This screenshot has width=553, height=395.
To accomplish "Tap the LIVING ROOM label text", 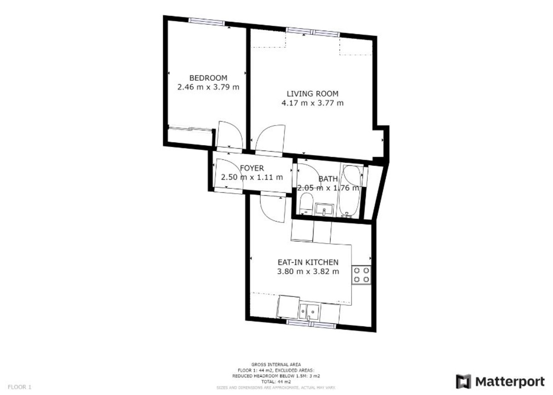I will pos(312,94).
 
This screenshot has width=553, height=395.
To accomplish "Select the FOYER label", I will pos(252,168).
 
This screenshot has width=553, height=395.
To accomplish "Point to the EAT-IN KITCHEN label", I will pos(308,262).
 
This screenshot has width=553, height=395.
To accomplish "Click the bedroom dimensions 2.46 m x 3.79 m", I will pos(208,87).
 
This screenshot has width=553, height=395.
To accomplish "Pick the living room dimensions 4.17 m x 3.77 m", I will pos(312,103).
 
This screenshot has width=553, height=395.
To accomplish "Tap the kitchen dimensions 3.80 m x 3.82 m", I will pos(308,272).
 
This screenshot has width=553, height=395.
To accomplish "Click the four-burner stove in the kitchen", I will pos(361,274).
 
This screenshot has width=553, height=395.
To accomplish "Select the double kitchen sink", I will pos(308,312).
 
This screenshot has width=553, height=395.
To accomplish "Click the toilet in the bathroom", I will pos(306,203).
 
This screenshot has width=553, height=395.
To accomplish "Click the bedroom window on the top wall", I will pos(206,21).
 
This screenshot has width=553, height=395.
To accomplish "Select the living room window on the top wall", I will pos(312,32).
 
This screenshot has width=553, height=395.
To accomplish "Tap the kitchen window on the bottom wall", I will pos(311,324).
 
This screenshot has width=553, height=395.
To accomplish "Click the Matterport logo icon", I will pos(464,381).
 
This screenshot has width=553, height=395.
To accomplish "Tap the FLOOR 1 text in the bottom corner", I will pos(19,387).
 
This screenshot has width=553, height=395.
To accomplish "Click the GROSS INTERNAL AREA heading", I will pos(276,364).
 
